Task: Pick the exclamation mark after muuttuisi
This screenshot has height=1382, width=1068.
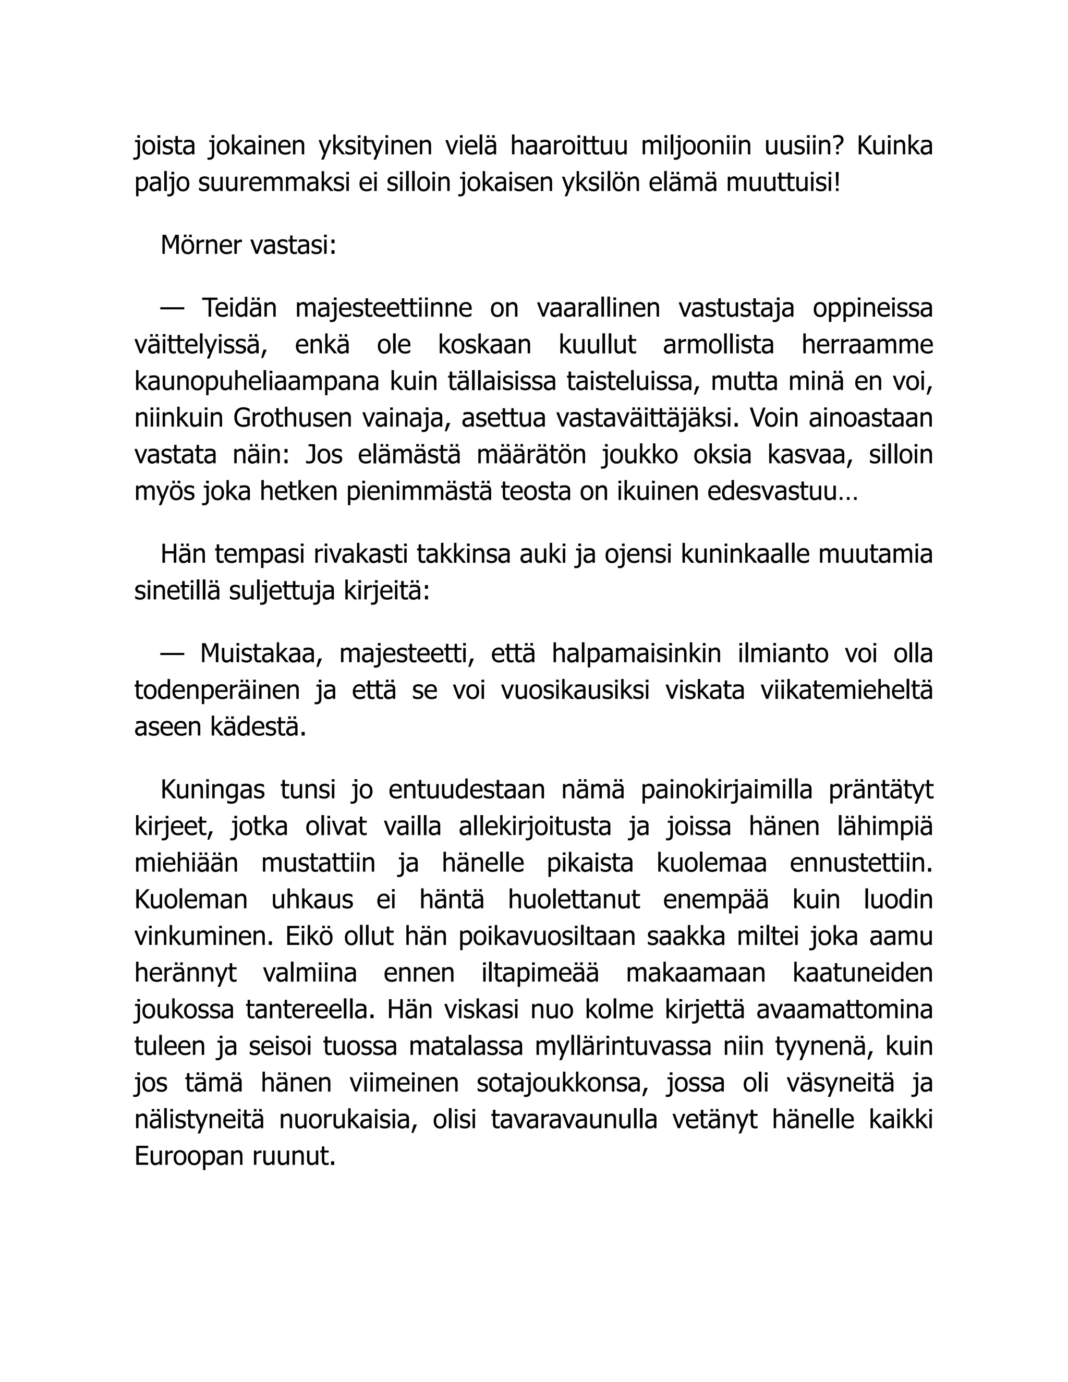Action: [x=837, y=183]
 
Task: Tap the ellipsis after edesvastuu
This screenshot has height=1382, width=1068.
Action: [x=848, y=492]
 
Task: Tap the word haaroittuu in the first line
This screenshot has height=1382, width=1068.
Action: [x=569, y=146]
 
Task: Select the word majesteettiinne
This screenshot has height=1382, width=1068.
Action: [x=383, y=309]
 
